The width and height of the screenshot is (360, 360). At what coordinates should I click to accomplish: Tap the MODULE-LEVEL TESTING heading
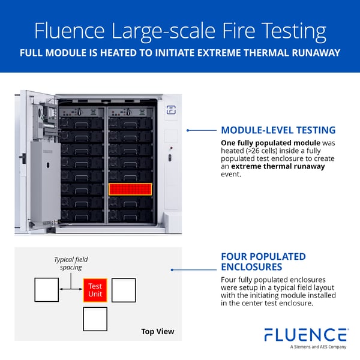(x=278, y=130)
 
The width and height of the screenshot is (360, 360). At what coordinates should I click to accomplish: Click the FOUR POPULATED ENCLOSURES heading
(x=263, y=262)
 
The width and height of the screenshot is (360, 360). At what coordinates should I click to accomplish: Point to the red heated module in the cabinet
(x=130, y=190)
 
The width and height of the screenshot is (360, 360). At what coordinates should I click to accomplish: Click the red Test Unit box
(x=95, y=290)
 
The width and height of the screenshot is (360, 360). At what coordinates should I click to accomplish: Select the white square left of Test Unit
(x=47, y=290)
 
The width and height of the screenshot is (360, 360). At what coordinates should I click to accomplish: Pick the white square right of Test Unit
(x=124, y=290)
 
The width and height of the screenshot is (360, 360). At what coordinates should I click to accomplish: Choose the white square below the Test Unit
(x=95, y=319)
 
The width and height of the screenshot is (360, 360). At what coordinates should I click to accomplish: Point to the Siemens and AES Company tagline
(x=318, y=347)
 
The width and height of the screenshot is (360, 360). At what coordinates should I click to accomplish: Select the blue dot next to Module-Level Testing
(x=188, y=130)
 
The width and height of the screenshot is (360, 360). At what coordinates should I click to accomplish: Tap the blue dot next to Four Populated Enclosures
(x=173, y=269)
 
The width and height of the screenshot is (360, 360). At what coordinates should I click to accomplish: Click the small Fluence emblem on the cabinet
(x=170, y=110)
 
